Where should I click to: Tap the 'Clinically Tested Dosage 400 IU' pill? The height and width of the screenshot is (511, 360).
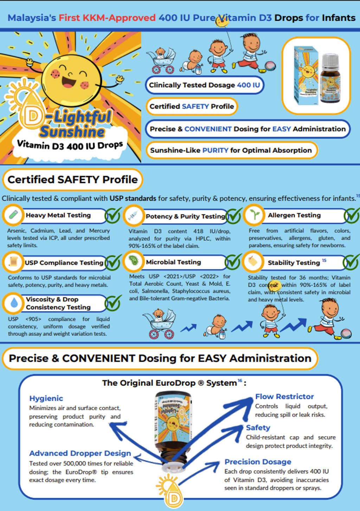[204, 85]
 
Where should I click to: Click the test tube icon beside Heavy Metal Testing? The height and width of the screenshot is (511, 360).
[13, 214]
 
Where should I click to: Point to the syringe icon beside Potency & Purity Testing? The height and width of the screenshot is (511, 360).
[133, 215]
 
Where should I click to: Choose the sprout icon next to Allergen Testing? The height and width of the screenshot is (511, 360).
[254, 214]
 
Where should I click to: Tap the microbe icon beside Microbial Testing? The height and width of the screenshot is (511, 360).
[134, 261]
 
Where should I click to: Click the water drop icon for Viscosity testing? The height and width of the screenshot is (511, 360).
[14, 303]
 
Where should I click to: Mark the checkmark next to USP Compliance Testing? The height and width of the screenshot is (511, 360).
[113, 262]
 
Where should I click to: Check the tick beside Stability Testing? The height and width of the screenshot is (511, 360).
[351, 262]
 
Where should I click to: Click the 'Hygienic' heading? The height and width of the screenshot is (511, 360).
[46, 398]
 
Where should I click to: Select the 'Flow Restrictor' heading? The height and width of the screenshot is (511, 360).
[284, 396]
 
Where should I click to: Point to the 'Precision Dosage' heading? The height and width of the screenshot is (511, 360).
[258, 461]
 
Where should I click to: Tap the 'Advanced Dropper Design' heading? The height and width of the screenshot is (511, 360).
[80, 453]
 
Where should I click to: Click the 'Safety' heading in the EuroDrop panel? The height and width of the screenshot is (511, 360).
[258, 427]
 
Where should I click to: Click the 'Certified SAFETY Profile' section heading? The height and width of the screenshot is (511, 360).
[73, 180]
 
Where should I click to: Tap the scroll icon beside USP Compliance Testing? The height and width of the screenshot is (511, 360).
[13, 262]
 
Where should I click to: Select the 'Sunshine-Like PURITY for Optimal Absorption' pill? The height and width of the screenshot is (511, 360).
[231, 150]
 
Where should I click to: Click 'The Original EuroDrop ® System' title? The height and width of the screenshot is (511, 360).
[169, 383]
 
